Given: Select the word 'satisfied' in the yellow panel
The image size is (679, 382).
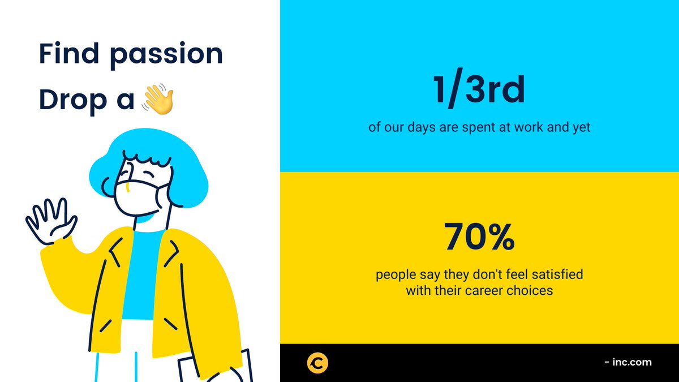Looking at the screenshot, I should (x=555, y=276).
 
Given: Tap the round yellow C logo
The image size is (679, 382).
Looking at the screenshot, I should (x=318, y=363).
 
